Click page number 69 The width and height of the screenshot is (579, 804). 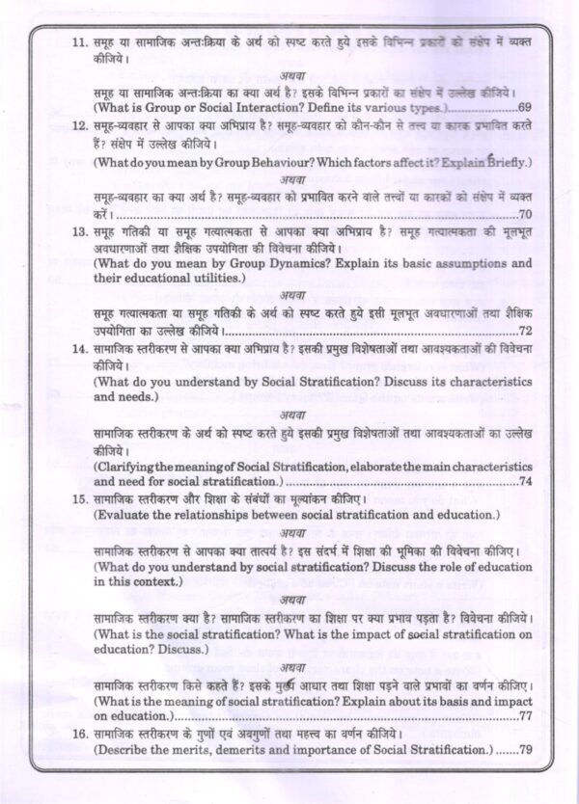coord(525,107)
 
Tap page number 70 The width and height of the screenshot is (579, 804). coord(525,214)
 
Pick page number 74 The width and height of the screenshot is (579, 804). coord(525,479)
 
